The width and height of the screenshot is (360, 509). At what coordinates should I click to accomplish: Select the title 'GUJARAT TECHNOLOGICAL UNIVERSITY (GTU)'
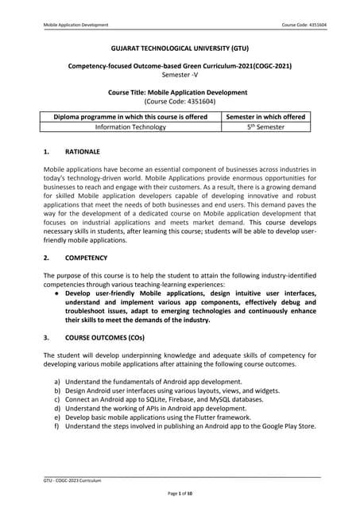pos(180,49)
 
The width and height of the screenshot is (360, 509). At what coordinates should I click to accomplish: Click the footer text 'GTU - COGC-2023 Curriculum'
pos(73,481)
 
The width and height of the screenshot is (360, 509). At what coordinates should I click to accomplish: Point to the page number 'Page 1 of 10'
pos(180,495)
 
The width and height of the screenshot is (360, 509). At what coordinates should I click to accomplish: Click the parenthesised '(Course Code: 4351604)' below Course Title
pos(180,103)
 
